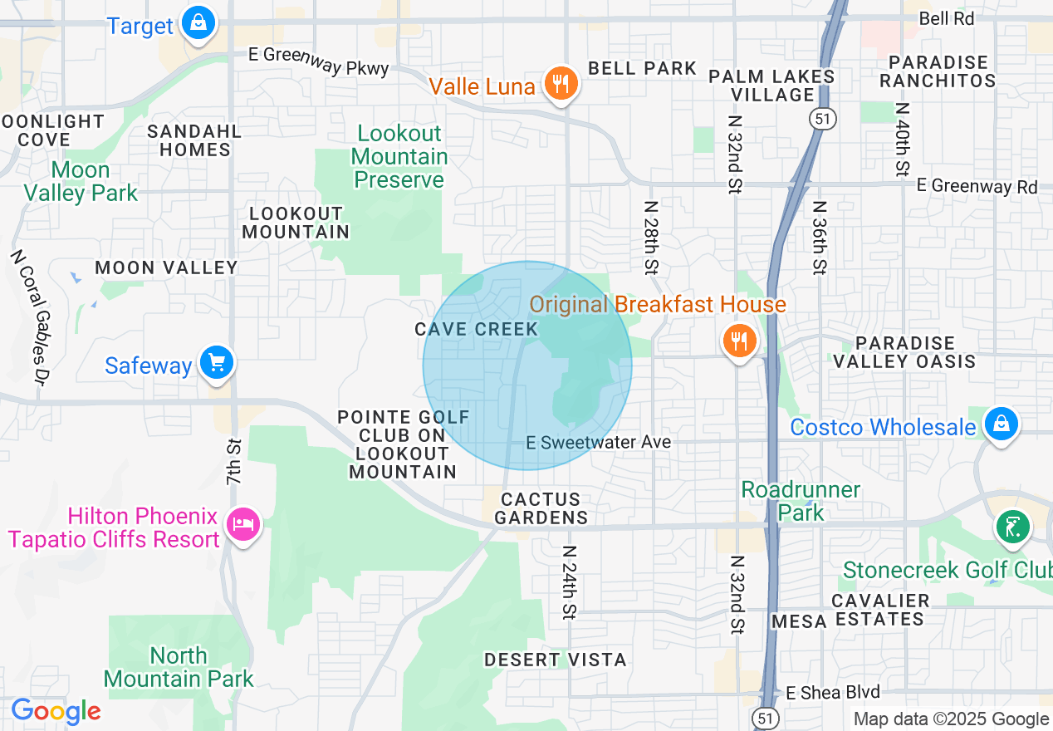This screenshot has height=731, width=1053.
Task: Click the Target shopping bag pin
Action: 198,23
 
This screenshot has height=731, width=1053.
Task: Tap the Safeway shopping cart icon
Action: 217,364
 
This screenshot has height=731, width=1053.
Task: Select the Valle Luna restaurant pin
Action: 561,84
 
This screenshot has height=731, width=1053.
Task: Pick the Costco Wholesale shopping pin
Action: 1002,424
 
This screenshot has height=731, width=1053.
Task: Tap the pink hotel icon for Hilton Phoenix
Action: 243,525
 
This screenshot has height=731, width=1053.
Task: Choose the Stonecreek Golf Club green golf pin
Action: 1012,527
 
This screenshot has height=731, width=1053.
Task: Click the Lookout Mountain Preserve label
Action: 399,156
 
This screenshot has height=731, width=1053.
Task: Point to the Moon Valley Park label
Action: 81,182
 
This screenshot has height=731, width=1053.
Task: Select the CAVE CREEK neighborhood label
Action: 477,330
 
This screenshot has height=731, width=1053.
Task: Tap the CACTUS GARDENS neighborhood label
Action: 541,508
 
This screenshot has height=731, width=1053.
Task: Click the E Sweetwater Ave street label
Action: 598,443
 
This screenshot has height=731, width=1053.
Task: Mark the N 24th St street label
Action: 569,582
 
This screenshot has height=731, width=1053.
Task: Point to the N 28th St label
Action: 650,237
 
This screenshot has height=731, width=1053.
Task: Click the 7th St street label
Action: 234,462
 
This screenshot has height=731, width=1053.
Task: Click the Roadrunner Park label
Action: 801,501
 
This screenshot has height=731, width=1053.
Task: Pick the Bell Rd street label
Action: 947,18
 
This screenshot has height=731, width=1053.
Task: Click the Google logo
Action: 56,712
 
